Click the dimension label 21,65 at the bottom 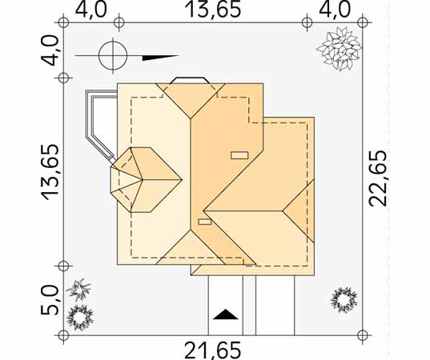pos(213,350)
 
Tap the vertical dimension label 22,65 pos(378,178)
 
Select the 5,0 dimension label pos(50,301)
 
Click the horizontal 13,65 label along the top pos(213,10)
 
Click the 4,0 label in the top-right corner pos(335,10)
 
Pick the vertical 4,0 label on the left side pos(50,51)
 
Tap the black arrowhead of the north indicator pos(160,58)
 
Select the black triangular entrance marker pos(226,314)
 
